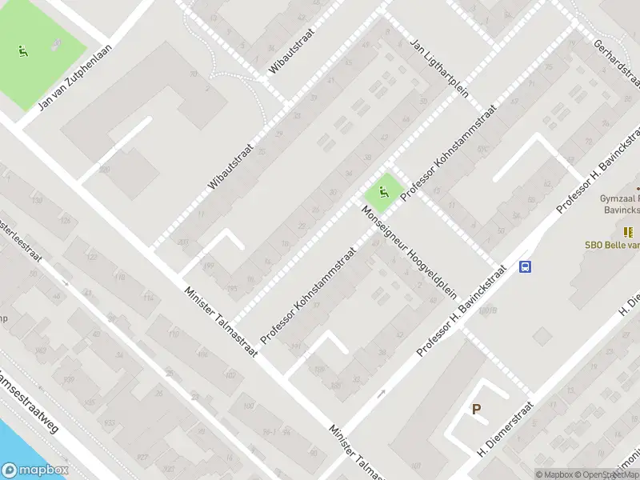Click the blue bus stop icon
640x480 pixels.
coord(526,266)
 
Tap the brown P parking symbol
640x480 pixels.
coord(476,409)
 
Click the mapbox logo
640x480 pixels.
coord(34,470)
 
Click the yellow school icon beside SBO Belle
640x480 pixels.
coord(630,232)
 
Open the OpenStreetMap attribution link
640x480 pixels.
coord(609,474)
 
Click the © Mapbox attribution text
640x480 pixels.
coord(554,474)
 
